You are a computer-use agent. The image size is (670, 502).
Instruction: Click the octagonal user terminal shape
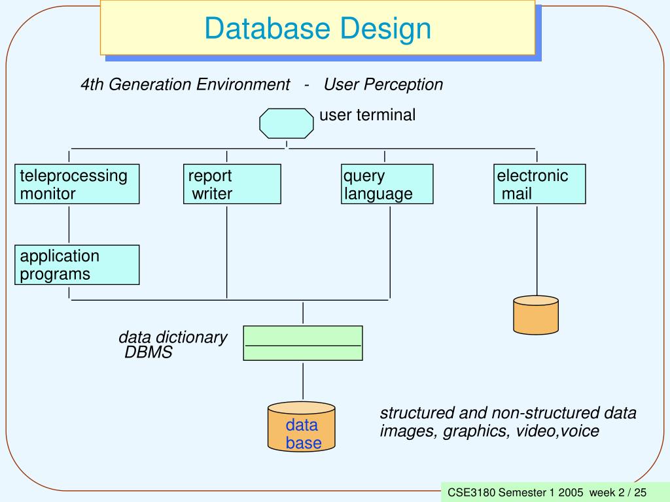(287, 124)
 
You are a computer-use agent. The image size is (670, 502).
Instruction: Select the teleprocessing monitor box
(77, 184)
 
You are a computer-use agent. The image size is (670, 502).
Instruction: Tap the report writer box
(232, 184)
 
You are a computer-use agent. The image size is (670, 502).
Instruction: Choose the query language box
(387, 184)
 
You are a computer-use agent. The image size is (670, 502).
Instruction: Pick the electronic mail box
(540, 184)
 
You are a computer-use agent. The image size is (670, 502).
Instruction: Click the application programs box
(77, 265)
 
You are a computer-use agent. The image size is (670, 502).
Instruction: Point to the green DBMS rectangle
(303, 343)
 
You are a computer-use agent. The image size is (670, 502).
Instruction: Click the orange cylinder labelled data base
(301, 426)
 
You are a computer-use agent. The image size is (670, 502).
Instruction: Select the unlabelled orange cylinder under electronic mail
(536, 315)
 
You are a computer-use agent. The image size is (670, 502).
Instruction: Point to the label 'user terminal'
(368, 115)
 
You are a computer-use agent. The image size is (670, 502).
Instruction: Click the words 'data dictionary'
(173, 337)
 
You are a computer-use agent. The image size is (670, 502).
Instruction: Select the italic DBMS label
(149, 352)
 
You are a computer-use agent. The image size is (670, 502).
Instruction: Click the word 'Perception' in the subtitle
(403, 84)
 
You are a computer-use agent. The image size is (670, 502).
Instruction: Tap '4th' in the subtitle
(92, 84)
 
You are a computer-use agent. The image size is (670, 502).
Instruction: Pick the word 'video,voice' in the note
(557, 431)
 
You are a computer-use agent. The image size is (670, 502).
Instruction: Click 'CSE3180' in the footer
(471, 492)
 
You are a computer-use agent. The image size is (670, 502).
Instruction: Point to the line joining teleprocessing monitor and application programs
(69, 225)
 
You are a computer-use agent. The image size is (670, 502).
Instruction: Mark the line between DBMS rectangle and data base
(303, 381)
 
